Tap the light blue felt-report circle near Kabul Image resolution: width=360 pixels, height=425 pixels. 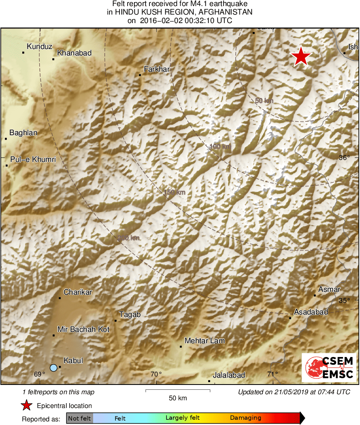tap(53, 368)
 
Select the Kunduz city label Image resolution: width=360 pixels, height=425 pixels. tap(40, 47)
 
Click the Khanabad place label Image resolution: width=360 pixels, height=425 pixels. tap(74, 53)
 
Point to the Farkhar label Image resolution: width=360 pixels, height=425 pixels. tap(157, 69)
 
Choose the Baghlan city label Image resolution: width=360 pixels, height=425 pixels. tap(23, 133)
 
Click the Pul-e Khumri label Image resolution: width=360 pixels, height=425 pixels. tap(33, 159)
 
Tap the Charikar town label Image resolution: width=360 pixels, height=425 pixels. tap(78, 292)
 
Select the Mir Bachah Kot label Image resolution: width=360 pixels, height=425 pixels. tap(83, 329)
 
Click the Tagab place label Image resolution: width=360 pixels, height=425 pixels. tap(130, 314)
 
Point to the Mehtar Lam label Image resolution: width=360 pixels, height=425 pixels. tap(204, 341)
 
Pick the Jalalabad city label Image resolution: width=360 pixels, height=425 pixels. tap(229, 375)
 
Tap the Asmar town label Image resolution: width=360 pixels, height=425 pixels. tap(329, 289)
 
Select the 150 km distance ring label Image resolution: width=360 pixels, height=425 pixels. tap(175, 193)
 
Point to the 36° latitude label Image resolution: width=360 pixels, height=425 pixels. tap(344, 158)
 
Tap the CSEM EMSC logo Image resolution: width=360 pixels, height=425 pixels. tap(329, 368)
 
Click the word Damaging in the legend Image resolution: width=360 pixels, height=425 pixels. tap(245, 418)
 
